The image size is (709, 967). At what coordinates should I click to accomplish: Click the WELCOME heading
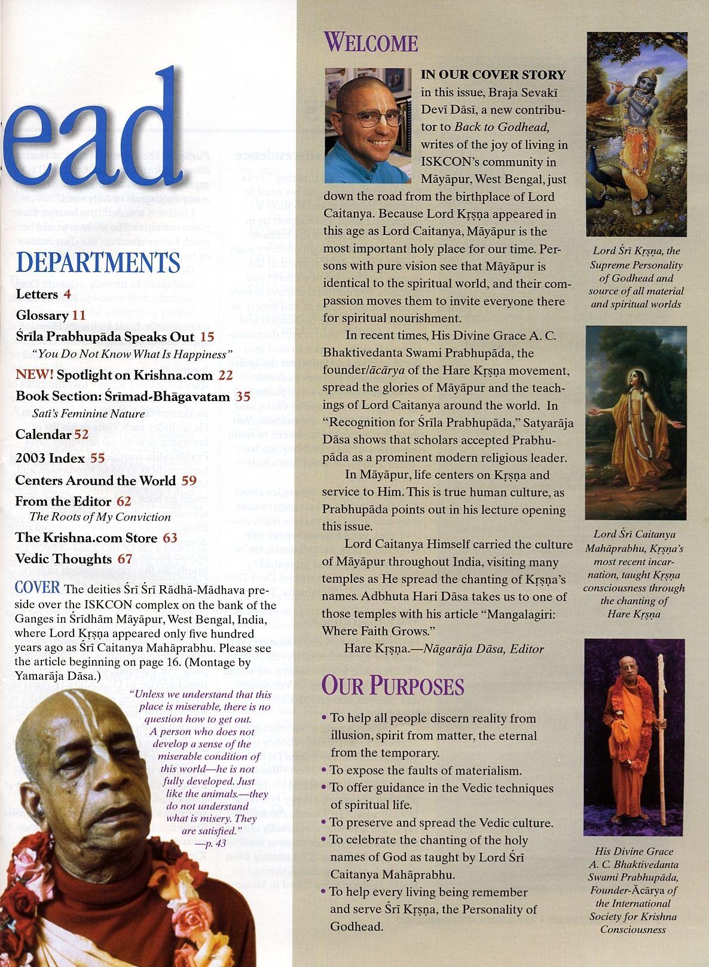tap(371, 43)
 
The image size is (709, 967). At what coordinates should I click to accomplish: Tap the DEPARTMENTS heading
tap(98, 264)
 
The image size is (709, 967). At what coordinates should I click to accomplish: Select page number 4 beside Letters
tap(68, 294)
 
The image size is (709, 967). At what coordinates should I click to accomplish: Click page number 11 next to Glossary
tap(80, 315)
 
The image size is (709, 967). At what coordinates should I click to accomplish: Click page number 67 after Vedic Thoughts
tap(124, 559)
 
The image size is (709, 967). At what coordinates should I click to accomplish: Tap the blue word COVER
tap(38, 587)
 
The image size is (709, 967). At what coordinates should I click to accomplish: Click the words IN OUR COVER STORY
tap(493, 75)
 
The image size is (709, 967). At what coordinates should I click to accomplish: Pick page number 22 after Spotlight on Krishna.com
tap(225, 375)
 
